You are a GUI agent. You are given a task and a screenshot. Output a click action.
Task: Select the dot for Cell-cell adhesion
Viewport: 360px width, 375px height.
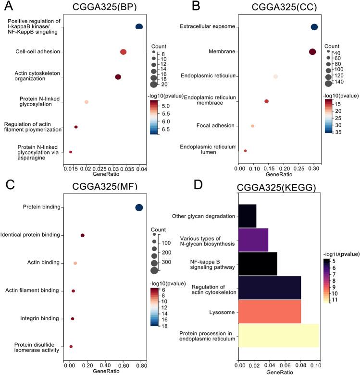(x=123, y=52)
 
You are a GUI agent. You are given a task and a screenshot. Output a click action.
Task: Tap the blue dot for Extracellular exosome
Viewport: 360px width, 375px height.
(x=314, y=27)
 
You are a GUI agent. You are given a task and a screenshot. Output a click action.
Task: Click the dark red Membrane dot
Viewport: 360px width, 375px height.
(x=312, y=52)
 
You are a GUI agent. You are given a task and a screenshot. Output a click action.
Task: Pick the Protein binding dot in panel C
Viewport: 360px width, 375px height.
(x=139, y=207)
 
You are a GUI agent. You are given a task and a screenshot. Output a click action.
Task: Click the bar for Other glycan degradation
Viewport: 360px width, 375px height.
(x=248, y=216)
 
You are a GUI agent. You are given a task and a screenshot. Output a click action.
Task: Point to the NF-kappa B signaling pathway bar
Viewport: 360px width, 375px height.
(x=258, y=264)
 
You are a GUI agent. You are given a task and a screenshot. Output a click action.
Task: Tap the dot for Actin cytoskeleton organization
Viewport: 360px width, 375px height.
(x=118, y=77)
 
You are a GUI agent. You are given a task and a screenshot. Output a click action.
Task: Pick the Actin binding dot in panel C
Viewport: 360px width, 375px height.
(x=75, y=263)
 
